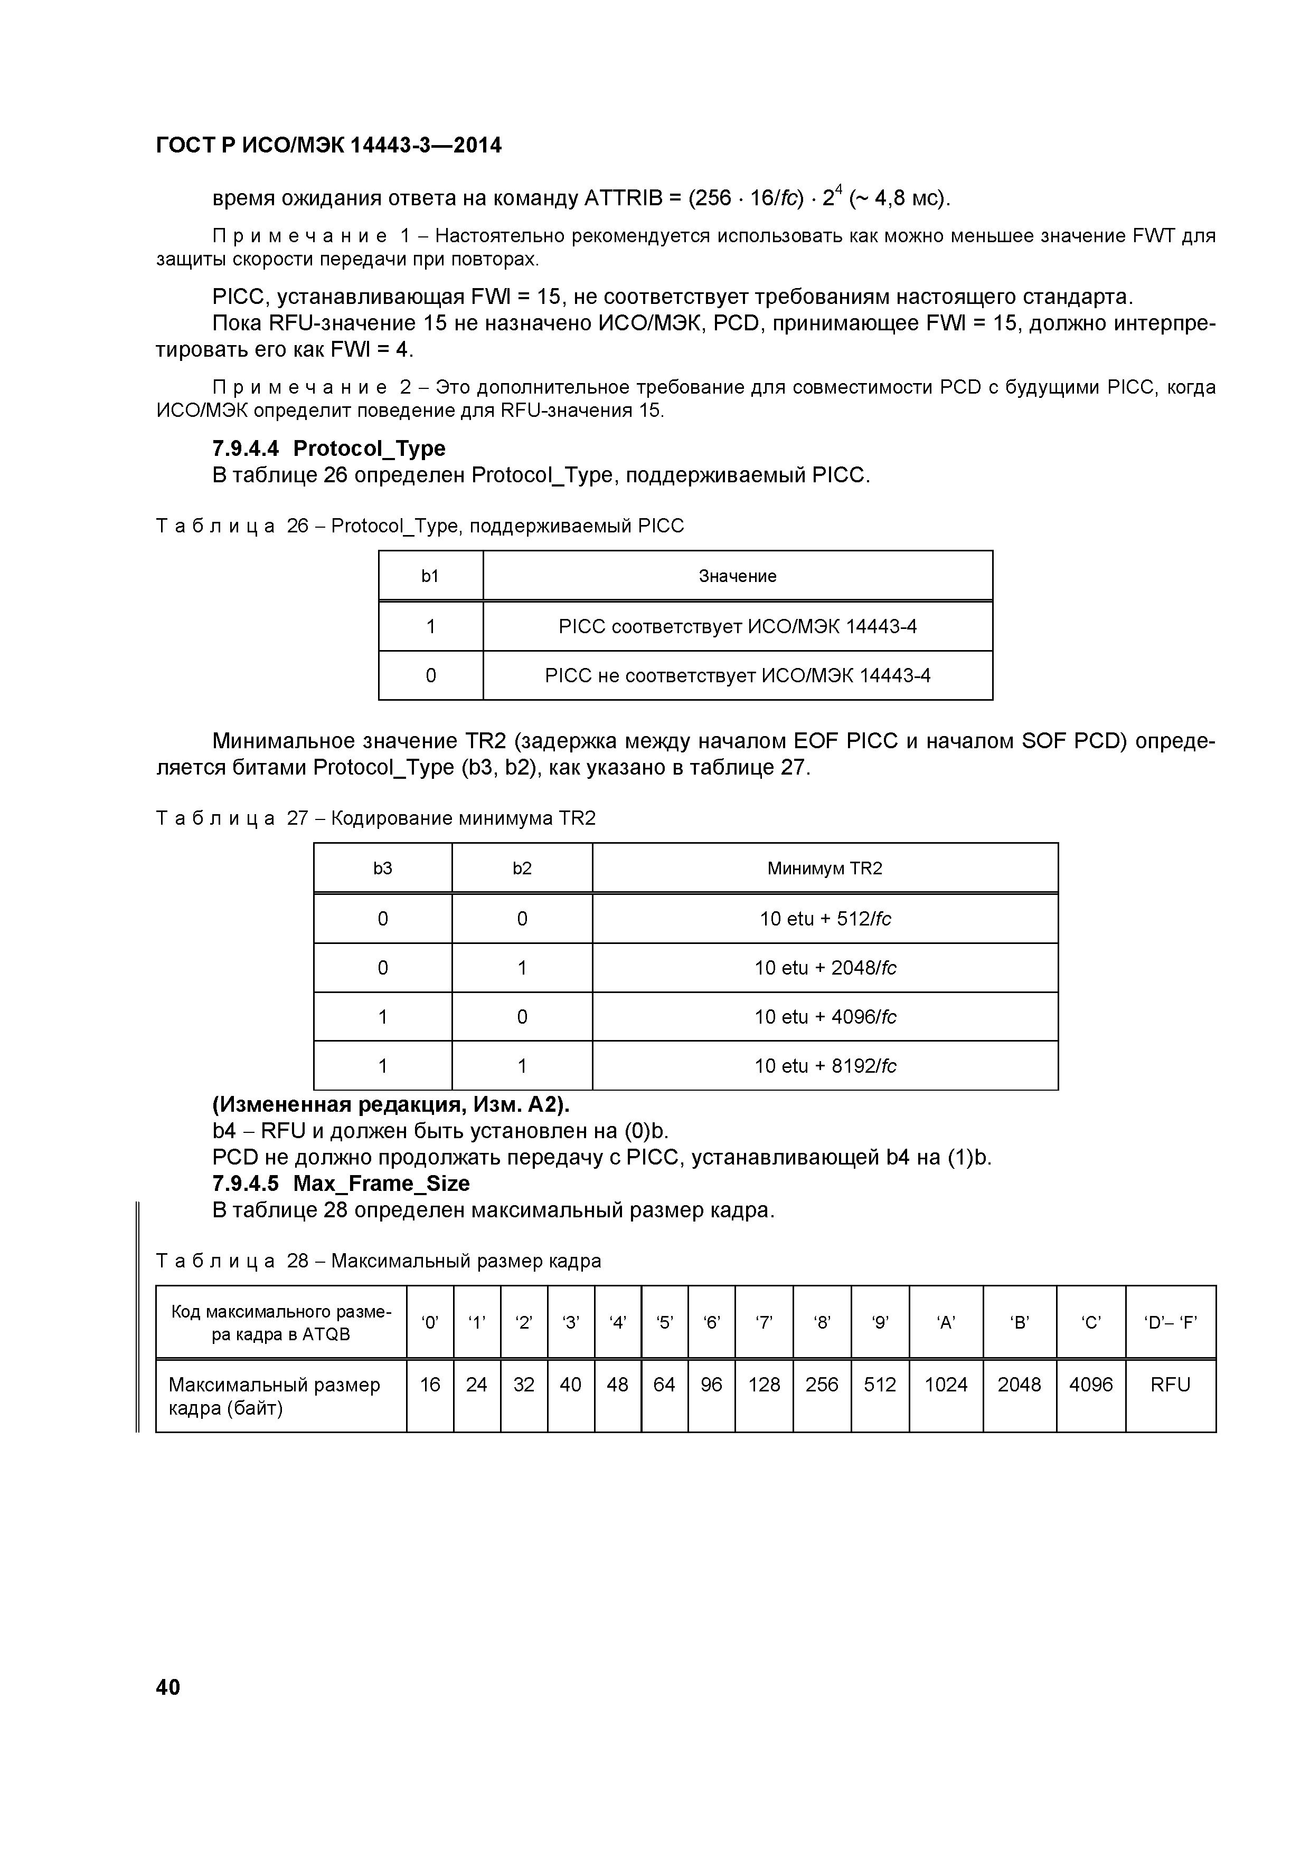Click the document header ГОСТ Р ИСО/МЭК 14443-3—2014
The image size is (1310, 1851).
pyautogui.click(x=328, y=145)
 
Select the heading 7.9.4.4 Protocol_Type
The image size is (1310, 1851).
pyautogui.click(x=328, y=448)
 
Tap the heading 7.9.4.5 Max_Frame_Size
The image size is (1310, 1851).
pyautogui.click(x=341, y=1184)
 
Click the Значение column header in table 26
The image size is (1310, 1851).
pyautogui.click(x=737, y=576)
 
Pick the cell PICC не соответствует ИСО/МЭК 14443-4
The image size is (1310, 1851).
pyautogui.click(x=737, y=675)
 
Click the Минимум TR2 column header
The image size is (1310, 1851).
pyautogui.click(x=824, y=869)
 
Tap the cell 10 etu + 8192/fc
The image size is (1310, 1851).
pyautogui.click(x=824, y=1066)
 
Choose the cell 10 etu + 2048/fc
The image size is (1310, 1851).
pyautogui.click(x=824, y=967)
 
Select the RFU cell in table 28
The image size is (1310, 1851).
pyautogui.click(x=1170, y=1384)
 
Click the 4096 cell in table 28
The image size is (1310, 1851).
pyautogui.click(x=1090, y=1384)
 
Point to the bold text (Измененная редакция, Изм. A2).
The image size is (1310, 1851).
pyautogui.click(x=390, y=1104)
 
